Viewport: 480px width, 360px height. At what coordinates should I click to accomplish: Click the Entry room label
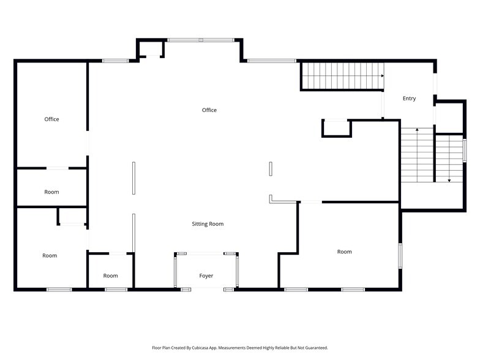409,98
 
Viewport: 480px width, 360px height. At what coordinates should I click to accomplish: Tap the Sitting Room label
208,224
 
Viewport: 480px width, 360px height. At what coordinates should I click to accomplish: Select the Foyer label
206,276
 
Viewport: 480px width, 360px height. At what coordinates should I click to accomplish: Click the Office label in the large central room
209,110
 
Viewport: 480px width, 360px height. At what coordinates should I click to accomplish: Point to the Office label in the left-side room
51,119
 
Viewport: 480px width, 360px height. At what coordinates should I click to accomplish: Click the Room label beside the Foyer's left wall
110,276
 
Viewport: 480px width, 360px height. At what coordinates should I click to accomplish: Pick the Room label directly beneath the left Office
51,192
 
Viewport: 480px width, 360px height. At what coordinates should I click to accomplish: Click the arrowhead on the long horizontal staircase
382,76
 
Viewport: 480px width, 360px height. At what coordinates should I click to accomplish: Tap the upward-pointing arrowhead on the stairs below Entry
417,130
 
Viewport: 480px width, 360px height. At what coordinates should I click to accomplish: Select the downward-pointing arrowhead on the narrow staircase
449,181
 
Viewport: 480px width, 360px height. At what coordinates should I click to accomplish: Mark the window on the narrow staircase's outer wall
464,150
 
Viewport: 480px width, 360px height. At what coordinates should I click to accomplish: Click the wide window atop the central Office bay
201,40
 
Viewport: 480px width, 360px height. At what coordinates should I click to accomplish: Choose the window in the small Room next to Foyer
116,289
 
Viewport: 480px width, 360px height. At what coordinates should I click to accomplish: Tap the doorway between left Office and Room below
58,168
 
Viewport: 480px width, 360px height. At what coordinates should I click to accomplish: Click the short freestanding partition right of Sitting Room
271,169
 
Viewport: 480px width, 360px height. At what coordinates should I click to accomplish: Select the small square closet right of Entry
449,118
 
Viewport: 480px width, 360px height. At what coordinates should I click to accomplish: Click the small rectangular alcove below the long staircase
337,128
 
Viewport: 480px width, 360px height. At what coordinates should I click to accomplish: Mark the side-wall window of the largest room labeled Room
400,256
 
